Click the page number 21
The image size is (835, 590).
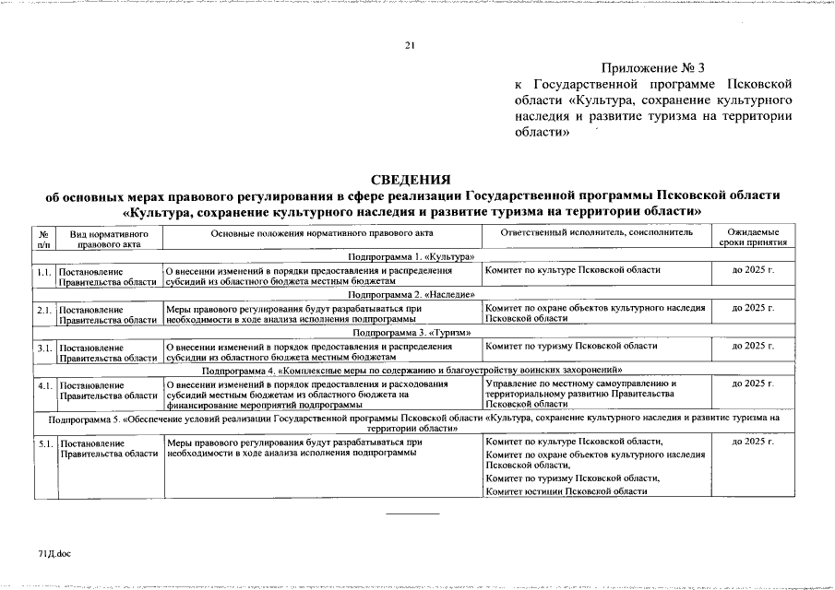click(x=412, y=45)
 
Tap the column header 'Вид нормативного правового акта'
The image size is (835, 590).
click(x=109, y=239)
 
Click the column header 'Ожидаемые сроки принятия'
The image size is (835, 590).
click(x=753, y=239)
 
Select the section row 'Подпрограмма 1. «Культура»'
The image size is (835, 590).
click(x=412, y=255)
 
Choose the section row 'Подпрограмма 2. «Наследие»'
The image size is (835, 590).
click(x=412, y=293)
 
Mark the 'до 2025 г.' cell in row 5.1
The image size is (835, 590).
click(x=753, y=442)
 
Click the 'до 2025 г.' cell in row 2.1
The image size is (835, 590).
click(x=753, y=306)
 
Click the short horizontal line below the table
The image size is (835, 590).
click(x=412, y=513)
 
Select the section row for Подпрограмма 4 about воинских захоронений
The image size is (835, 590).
click(x=412, y=370)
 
